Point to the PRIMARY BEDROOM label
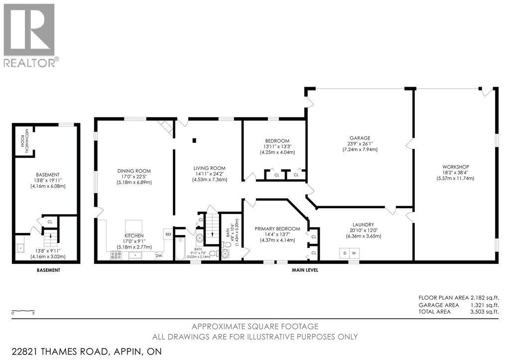(x=277, y=229)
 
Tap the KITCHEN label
(x=134, y=235)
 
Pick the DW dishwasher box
(x=158, y=255)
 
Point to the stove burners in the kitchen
(x=116, y=255)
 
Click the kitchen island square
(x=133, y=225)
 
